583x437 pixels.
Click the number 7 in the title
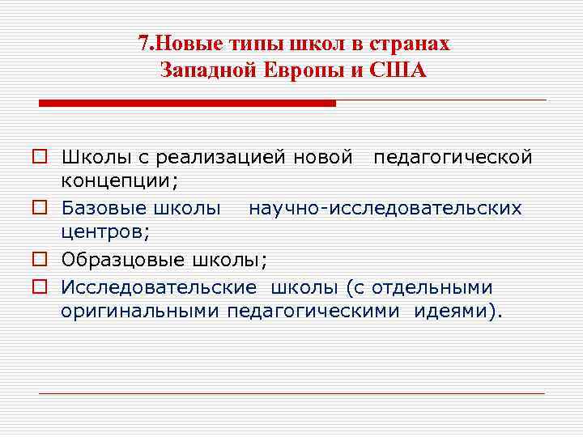[142, 44]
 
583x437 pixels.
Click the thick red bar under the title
[187, 104]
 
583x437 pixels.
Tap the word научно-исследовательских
[385, 209]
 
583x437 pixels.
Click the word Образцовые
[122, 261]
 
